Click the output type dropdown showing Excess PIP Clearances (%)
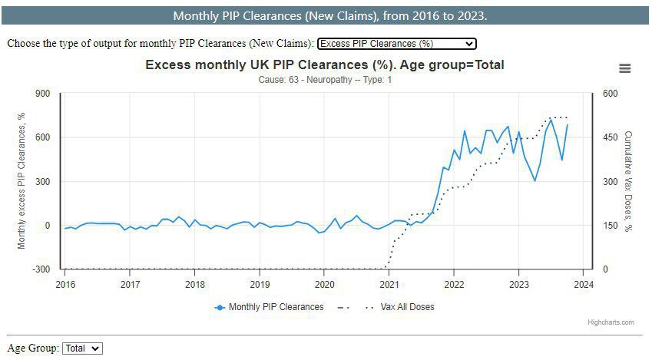click(396, 44)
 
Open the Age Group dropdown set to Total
click(82, 348)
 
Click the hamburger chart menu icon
click(624, 68)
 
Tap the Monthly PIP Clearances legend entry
click(270, 307)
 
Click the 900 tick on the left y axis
click(42, 94)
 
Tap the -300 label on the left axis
click(41, 269)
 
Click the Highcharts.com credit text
click(611, 322)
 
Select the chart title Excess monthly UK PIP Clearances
click(325, 64)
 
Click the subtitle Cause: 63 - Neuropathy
click(325, 80)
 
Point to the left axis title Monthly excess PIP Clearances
click(22, 181)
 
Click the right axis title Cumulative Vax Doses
click(629, 181)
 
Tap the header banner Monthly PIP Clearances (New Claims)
click(330, 16)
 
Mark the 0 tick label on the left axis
click(47, 226)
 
